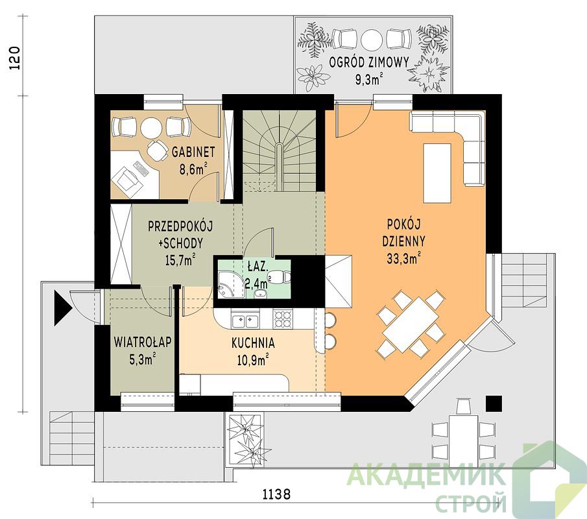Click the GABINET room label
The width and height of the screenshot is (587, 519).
point(193,152)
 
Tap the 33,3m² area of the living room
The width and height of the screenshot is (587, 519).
point(403,258)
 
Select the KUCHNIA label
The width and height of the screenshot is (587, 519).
point(253,343)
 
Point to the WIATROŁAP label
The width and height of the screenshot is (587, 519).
point(143,342)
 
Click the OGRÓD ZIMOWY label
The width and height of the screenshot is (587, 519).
point(369,62)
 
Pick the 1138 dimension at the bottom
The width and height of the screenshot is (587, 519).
point(276,494)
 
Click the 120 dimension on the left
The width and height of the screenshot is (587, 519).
point(15,58)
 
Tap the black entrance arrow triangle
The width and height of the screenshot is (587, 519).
point(63,308)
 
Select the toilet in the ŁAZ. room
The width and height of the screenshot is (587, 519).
point(280,277)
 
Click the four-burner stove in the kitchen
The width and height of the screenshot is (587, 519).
point(283,319)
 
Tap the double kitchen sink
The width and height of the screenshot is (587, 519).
point(244,320)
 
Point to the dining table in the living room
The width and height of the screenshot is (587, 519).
point(411,324)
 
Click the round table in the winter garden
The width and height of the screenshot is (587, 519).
point(372,40)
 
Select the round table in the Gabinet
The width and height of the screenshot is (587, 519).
point(152,128)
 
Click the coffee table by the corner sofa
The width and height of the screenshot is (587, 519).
point(437,173)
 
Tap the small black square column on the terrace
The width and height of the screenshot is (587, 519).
point(494,404)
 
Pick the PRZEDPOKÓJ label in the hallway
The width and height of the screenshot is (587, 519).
point(180,227)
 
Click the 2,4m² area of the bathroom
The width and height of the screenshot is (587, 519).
point(258,282)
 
